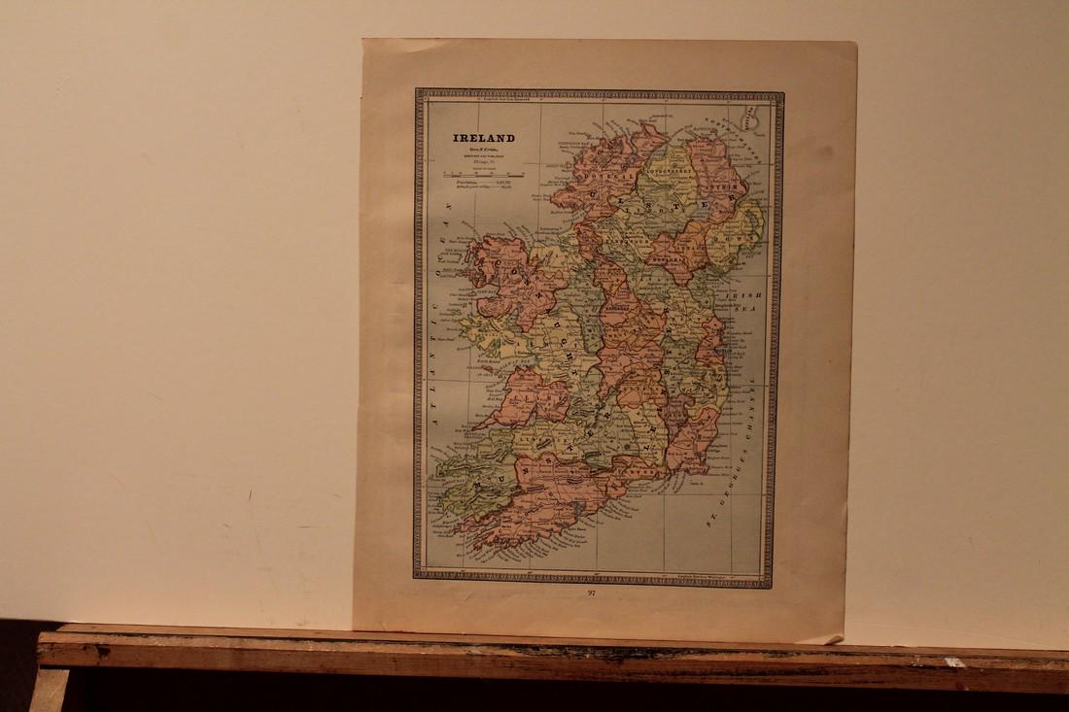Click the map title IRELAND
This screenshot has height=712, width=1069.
tap(484, 138)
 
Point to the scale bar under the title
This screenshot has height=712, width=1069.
tap(484, 175)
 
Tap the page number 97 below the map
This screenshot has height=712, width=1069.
tap(592, 593)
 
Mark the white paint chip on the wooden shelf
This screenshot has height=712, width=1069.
tap(957, 661)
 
